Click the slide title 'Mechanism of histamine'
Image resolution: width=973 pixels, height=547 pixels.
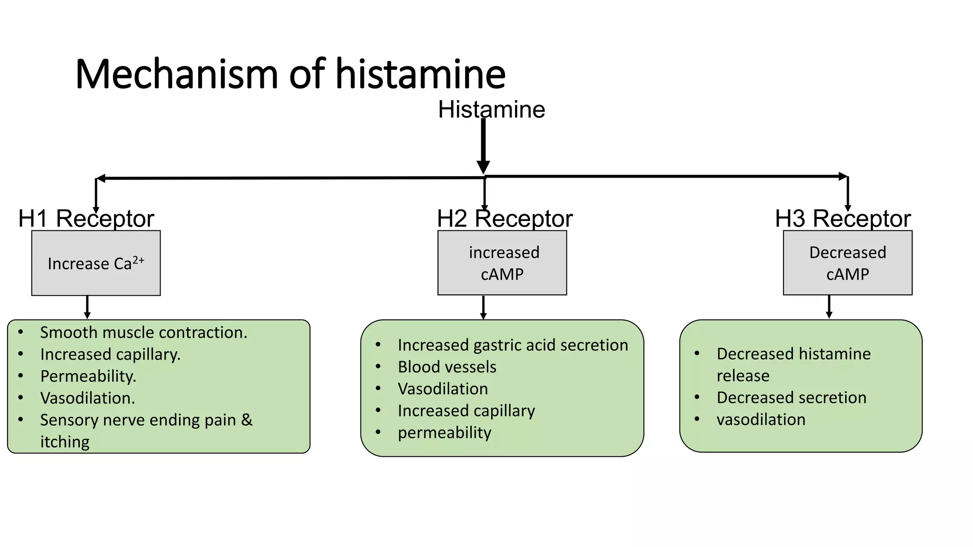pos(290,74)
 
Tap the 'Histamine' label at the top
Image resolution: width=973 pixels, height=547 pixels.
pos(491,110)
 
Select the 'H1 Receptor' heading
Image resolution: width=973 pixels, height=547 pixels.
pos(86,219)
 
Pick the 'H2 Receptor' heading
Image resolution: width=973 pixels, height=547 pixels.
pos(505,219)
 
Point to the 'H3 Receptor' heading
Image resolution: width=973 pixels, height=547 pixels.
pos(842,219)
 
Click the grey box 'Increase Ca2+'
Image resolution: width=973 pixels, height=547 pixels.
pos(96,263)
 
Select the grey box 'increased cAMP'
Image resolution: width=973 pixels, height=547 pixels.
pos(502,263)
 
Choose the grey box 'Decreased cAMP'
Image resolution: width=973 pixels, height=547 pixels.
pos(848,263)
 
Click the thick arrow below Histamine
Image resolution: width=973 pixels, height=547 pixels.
pos(483,145)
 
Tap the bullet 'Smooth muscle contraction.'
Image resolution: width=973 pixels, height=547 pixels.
pos(143,332)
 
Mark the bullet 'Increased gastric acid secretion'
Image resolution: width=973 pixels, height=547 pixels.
pos(513,345)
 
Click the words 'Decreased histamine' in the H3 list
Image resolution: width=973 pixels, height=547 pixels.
pos(793,354)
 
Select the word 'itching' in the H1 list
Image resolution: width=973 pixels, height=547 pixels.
pos(65,442)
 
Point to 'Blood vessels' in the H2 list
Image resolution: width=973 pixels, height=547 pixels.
pos(447,367)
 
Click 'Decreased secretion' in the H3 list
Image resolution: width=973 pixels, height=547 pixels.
pos(792,397)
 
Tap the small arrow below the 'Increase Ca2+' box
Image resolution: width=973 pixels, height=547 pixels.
pos(87,307)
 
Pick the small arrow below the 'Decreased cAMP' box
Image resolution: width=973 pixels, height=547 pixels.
pos(829,307)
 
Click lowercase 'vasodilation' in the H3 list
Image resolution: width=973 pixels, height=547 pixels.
pos(761,420)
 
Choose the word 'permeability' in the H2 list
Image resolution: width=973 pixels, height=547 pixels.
pos(445,433)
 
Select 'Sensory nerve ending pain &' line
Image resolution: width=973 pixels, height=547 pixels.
pos(146,420)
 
